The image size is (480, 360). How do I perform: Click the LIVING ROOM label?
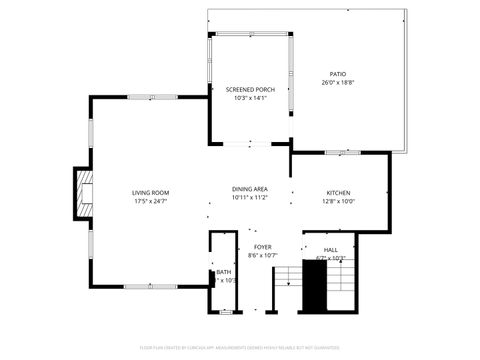tap(151, 192)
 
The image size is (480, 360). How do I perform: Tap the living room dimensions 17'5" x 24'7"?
tap(151, 201)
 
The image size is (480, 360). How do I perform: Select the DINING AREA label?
tap(249, 189)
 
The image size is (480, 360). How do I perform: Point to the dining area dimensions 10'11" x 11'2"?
tap(249, 198)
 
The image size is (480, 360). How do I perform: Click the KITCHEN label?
tap(339, 192)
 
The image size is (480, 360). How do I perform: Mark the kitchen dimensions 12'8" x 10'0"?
tap(339, 201)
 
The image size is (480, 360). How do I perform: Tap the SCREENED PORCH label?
tap(249, 89)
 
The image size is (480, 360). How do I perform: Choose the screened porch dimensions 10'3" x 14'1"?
tap(249, 98)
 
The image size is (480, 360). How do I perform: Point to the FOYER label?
tap(262, 246)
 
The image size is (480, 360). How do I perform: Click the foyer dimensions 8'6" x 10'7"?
tap(262, 255)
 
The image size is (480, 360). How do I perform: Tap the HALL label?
tap(330, 249)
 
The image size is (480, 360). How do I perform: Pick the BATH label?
tap(223, 272)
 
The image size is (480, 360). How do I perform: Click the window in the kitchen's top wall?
tap(339, 152)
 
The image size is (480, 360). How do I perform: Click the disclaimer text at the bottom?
tap(240, 347)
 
